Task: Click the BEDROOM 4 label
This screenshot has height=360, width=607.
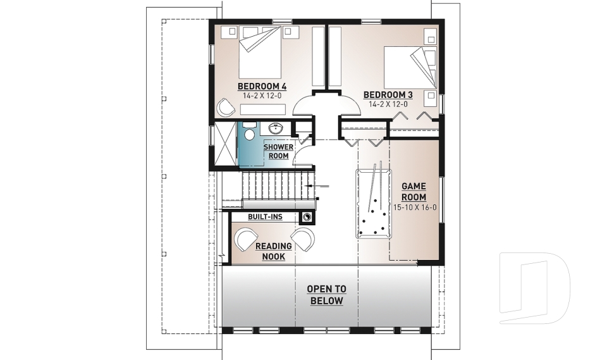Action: (x=262, y=86)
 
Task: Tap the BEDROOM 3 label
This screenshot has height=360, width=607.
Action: (x=388, y=95)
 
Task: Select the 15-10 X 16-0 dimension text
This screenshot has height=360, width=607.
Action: (x=414, y=207)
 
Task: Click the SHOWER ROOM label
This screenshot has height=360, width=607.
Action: (x=278, y=151)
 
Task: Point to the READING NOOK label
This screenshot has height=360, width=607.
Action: (x=273, y=251)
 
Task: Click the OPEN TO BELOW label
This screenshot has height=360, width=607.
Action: (x=326, y=295)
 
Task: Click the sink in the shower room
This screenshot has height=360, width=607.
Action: (x=276, y=129)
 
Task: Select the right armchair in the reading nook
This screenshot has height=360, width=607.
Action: (x=304, y=239)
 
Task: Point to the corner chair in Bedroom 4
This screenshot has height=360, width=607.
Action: (x=226, y=108)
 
